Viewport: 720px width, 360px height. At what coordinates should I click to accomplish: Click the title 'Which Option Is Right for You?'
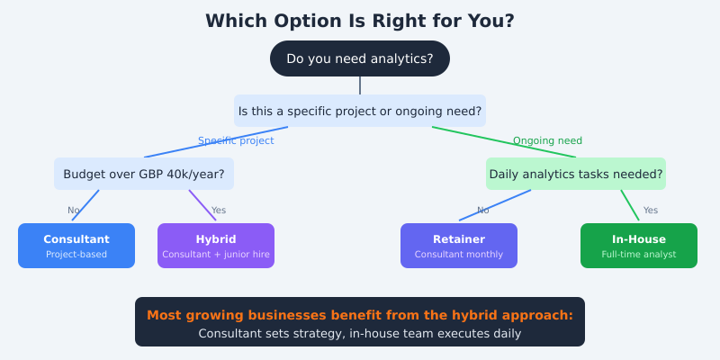click(x=360, y=21)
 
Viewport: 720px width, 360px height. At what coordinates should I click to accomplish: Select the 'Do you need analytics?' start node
click(x=360, y=58)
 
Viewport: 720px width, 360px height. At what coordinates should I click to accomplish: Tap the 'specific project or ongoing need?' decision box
click(x=360, y=111)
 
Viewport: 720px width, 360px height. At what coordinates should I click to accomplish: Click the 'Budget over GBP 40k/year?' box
click(x=144, y=174)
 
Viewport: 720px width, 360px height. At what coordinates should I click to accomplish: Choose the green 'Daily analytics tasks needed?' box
click(x=576, y=174)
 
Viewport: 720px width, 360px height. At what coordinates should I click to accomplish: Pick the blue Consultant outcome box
click(x=76, y=246)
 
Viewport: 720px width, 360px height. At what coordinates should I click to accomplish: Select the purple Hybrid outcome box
click(x=216, y=246)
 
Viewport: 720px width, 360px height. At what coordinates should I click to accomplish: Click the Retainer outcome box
click(x=459, y=246)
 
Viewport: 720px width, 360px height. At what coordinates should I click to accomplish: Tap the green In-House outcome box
click(x=639, y=246)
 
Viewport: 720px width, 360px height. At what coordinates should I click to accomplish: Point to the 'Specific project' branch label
click(x=236, y=140)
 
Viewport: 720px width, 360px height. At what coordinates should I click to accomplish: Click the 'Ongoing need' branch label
click(x=547, y=140)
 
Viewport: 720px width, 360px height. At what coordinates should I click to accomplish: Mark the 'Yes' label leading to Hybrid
click(x=219, y=210)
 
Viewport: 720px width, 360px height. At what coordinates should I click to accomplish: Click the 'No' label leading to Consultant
click(x=74, y=210)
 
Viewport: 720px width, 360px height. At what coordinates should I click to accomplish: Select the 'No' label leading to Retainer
click(x=483, y=210)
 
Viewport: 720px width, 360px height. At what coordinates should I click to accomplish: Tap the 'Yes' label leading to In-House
click(x=651, y=210)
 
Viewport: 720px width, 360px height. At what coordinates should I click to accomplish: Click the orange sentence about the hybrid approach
click(x=360, y=315)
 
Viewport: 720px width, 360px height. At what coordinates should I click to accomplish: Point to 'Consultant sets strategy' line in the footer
click(x=360, y=333)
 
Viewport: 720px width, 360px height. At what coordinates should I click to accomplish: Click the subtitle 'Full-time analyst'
click(x=639, y=254)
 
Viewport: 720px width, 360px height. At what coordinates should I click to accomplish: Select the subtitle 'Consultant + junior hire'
click(x=216, y=254)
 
